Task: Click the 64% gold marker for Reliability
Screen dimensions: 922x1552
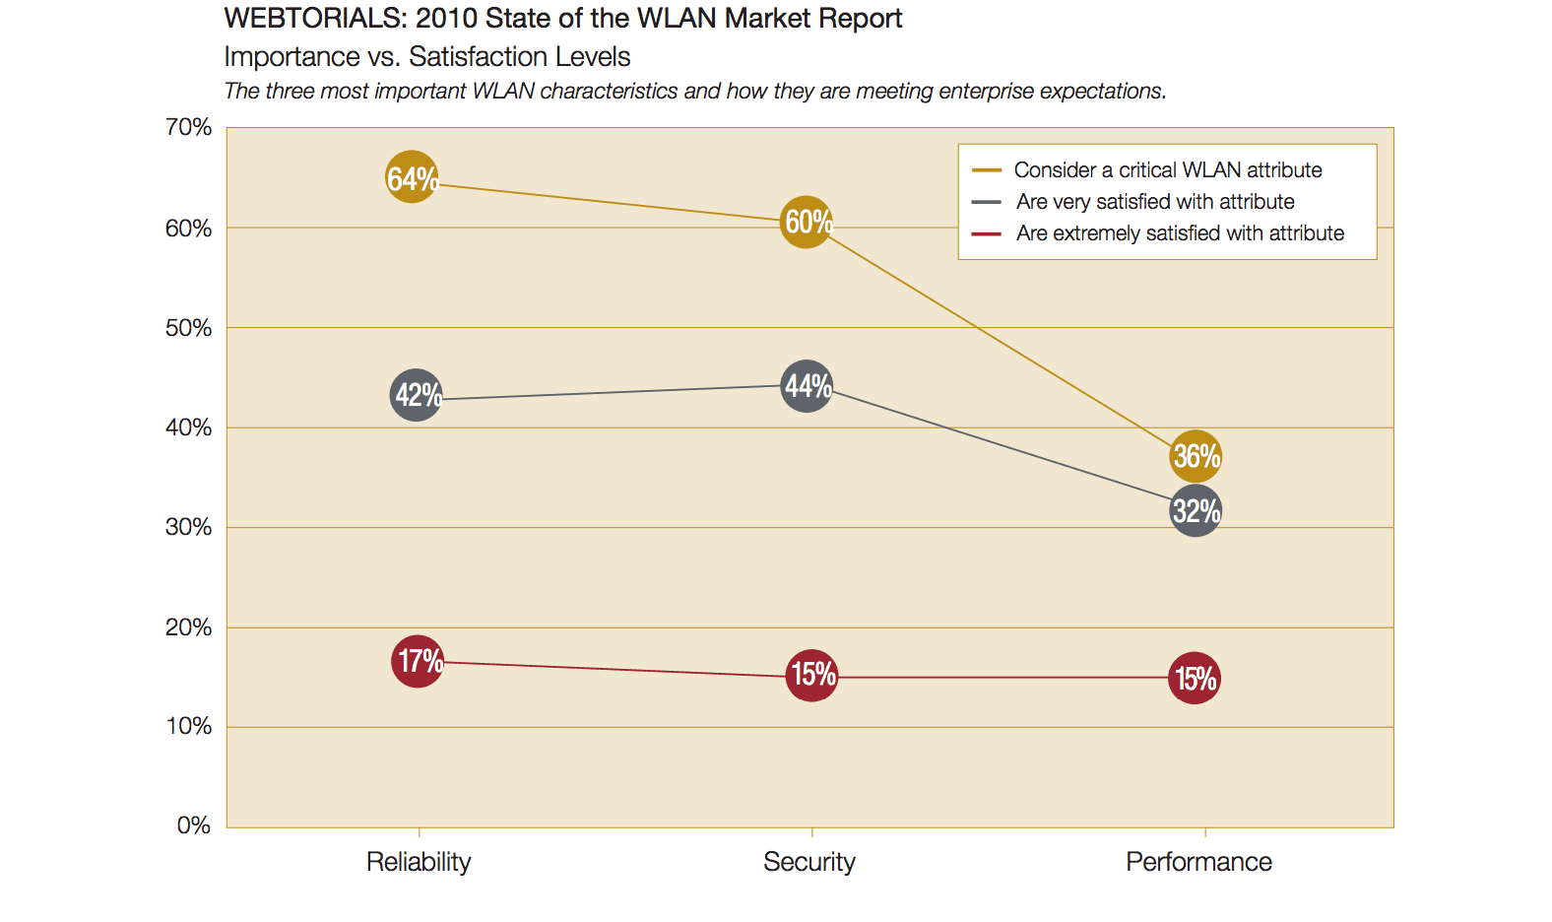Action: pyautogui.click(x=412, y=177)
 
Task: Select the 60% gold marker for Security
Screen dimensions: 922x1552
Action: pyautogui.click(x=807, y=222)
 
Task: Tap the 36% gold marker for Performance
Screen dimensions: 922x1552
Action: pyautogui.click(x=1196, y=456)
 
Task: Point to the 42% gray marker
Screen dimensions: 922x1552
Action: pyautogui.click(x=417, y=395)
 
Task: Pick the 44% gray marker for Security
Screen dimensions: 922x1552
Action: pyautogui.click(x=808, y=386)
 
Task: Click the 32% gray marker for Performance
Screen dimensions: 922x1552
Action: pyautogui.click(x=1196, y=511)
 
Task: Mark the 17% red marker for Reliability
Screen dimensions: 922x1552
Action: pyautogui.click(x=419, y=661)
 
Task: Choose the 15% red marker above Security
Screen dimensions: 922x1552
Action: pyautogui.click(x=812, y=675)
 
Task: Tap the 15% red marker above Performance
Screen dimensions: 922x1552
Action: pyautogui.click(x=1195, y=679)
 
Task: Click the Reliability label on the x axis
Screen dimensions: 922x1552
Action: pyautogui.click(x=419, y=862)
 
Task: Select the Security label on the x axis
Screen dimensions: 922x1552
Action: pyautogui.click(x=809, y=862)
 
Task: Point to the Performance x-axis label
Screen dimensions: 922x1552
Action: pyautogui.click(x=1198, y=862)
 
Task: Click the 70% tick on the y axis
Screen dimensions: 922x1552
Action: pyautogui.click(x=188, y=127)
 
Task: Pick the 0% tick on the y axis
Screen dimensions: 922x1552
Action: pyautogui.click(x=193, y=825)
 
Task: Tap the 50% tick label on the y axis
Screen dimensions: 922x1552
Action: pyautogui.click(x=188, y=328)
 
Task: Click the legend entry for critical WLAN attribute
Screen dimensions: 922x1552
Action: pyautogui.click(x=1167, y=170)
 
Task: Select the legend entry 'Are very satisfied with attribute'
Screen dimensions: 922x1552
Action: pyautogui.click(x=1154, y=202)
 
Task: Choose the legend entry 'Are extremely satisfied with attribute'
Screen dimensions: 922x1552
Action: pyautogui.click(x=1179, y=233)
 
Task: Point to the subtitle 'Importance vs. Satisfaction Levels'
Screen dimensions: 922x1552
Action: pyautogui.click(x=426, y=57)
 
